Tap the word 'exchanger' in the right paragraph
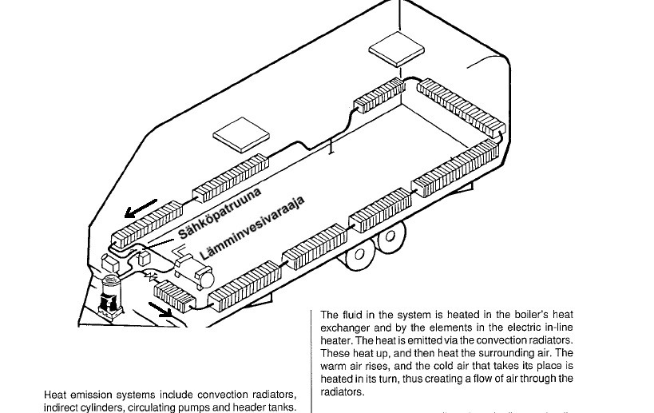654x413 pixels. (x=348, y=328)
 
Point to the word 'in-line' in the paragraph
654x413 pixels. (x=556, y=328)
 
